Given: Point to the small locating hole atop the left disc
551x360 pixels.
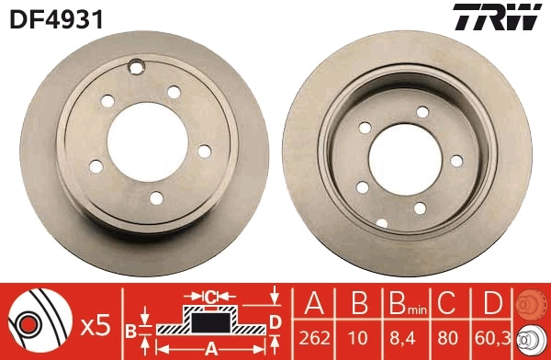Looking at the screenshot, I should click(138, 65).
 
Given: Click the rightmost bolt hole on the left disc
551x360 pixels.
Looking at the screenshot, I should click(204, 151).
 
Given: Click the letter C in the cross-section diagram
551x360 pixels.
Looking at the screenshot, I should click(209, 296).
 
